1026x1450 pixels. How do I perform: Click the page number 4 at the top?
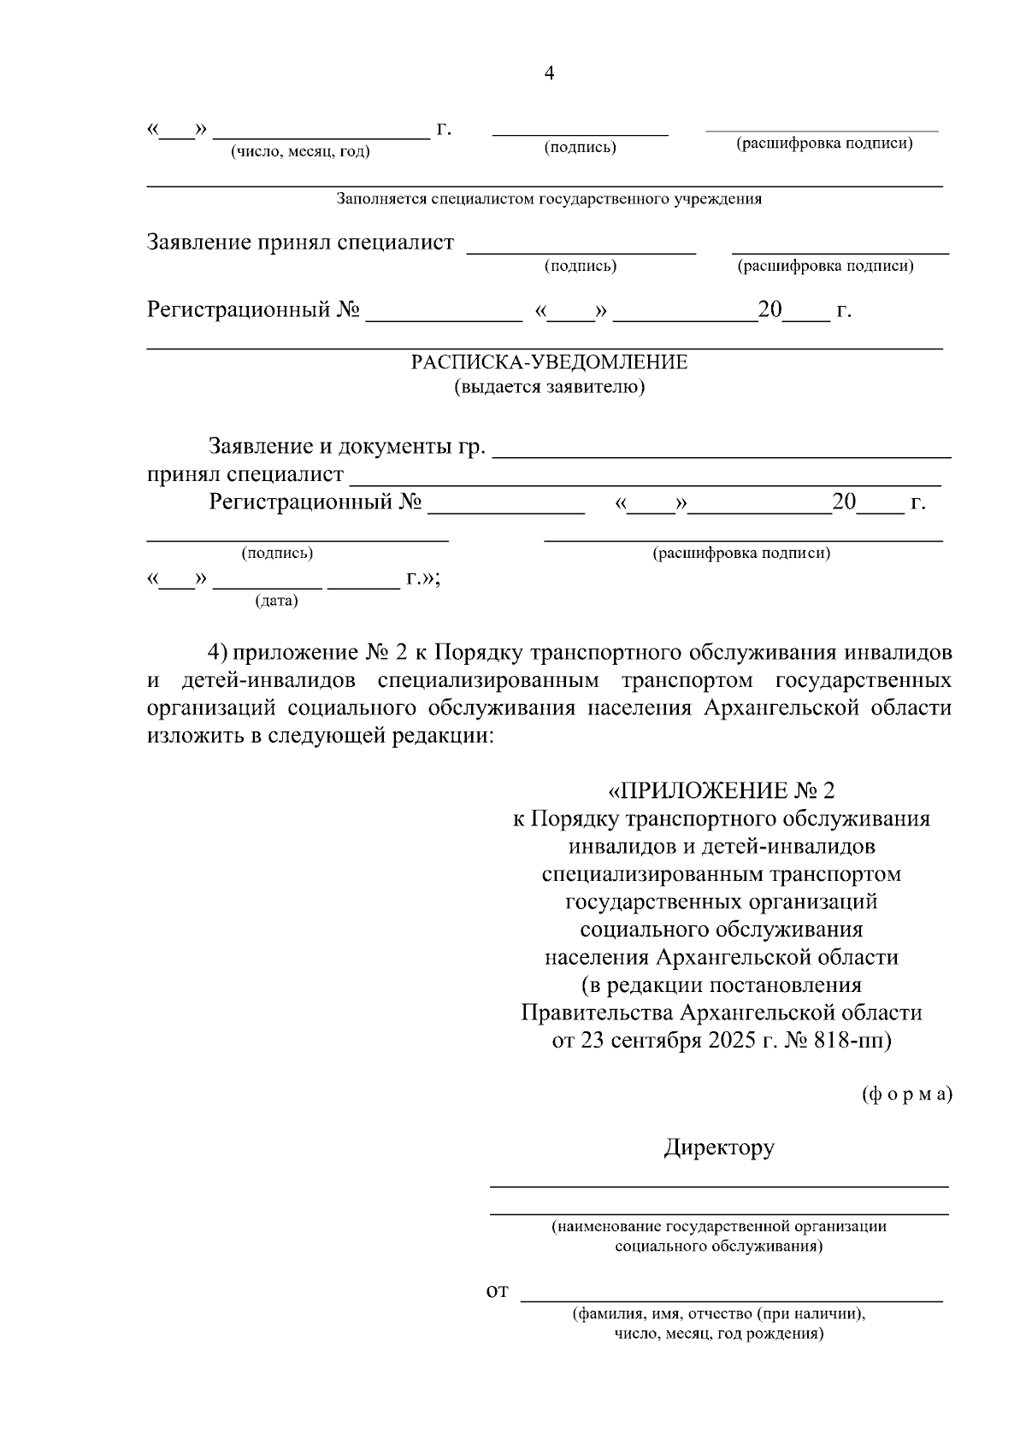[x=549, y=74]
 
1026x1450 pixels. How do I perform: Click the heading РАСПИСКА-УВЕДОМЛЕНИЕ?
[x=549, y=362]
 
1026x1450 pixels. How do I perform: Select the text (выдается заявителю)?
[x=549, y=387]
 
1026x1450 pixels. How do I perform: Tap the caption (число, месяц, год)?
[x=300, y=152]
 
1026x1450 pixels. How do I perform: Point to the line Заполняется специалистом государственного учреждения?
[x=549, y=199]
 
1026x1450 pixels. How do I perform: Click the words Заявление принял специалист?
[x=300, y=243]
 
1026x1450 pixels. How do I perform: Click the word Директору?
[x=719, y=1147]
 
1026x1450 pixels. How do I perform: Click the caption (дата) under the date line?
[x=276, y=602]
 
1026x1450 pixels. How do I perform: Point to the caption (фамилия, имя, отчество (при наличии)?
[x=719, y=1314]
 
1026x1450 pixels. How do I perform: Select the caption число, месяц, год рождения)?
[x=719, y=1334]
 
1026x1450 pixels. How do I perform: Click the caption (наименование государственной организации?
[x=719, y=1226]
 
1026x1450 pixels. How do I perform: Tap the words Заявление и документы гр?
[x=347, y=447]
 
